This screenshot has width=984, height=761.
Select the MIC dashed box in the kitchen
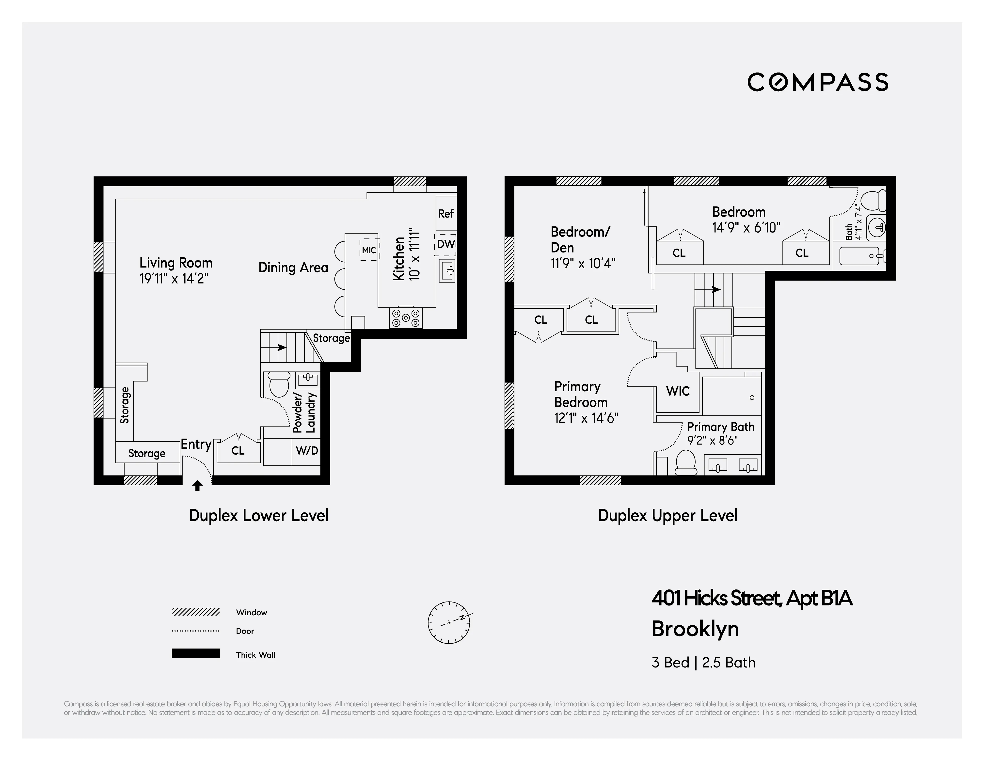coord(369,250)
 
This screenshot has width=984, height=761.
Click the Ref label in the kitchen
coord(445,214)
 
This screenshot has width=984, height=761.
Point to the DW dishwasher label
coord(445,244)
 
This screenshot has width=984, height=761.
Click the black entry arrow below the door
coord(197,485)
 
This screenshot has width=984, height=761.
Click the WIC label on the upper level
coord(678,391)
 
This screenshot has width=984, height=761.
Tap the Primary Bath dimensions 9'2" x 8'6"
coord(712,441)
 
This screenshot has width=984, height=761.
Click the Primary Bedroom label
coord(581,394)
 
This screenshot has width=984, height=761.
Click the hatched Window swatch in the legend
coord(195,612)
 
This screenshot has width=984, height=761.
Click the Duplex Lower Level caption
coord(259,515)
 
